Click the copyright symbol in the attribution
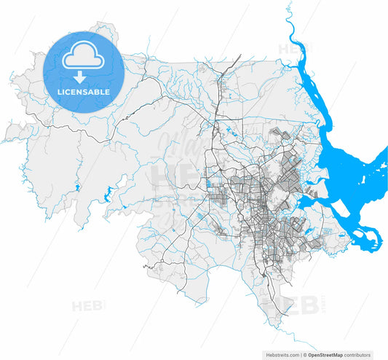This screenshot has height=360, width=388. [306, 355]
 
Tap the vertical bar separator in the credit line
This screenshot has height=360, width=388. [301, 355]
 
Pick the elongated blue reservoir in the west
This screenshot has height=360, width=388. [108, 195]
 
